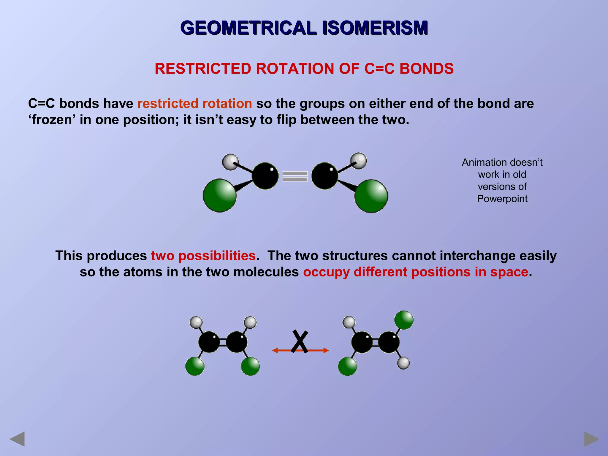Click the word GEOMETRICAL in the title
pos(249,28)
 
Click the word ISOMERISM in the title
pos(375,28)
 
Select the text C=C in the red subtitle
pos(379,69)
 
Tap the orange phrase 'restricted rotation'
pos(195,104)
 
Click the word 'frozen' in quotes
pos(52,120)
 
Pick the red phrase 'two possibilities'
pos(203,256)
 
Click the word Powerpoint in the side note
pos(502,199)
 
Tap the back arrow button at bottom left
pos(17,439)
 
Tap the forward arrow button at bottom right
pos(591,439)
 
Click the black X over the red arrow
pos(300,341)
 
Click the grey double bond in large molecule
pos(295,176)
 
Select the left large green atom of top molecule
pos(220,195)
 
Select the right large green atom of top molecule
pos(371,196)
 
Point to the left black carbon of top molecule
pos(265,176)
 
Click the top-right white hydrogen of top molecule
pos(359,161)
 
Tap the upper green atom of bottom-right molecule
pos(404,320)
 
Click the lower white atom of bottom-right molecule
pos(403,363)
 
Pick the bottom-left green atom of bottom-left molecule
pos(195,366)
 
